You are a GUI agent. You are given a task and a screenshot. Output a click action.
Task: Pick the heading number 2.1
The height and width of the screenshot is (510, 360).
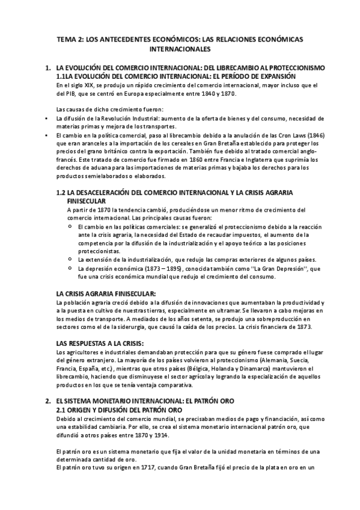(61, 410)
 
